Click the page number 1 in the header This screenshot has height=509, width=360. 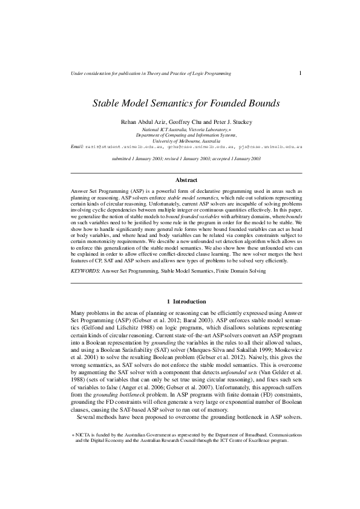pyautogui.click(x=300, y=73)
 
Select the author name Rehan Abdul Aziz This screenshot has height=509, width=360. pyautogui.click(x=146, y=122)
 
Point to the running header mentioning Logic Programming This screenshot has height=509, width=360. pyautogui.click(x=151, y=74)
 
